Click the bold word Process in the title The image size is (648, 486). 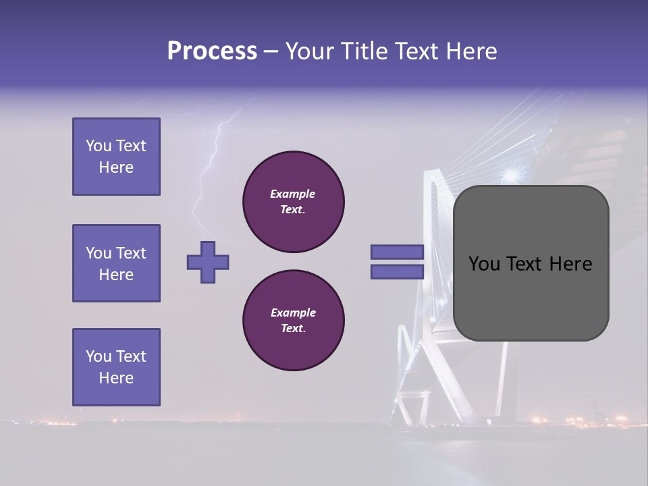coord(212,51)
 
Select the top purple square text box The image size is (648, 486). coord(116,157)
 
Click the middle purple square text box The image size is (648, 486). coord(116,263)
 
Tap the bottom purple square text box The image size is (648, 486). coord(116,367)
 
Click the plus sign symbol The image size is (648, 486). coord(208,262)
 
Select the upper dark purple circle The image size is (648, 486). coord(294,202)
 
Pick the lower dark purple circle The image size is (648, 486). coord(294,321)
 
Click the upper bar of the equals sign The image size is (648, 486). coord(398,252)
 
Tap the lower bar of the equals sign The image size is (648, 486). coord(398,272)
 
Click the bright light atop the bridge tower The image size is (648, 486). coord(510,175)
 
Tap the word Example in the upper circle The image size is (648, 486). coord(293,194)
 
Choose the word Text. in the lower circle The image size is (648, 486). coord(293,328)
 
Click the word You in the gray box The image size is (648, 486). coord(483,264)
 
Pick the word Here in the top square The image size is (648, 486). coord(116,167)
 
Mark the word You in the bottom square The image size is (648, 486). coord(99,356)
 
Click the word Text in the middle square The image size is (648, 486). coord(131,253)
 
